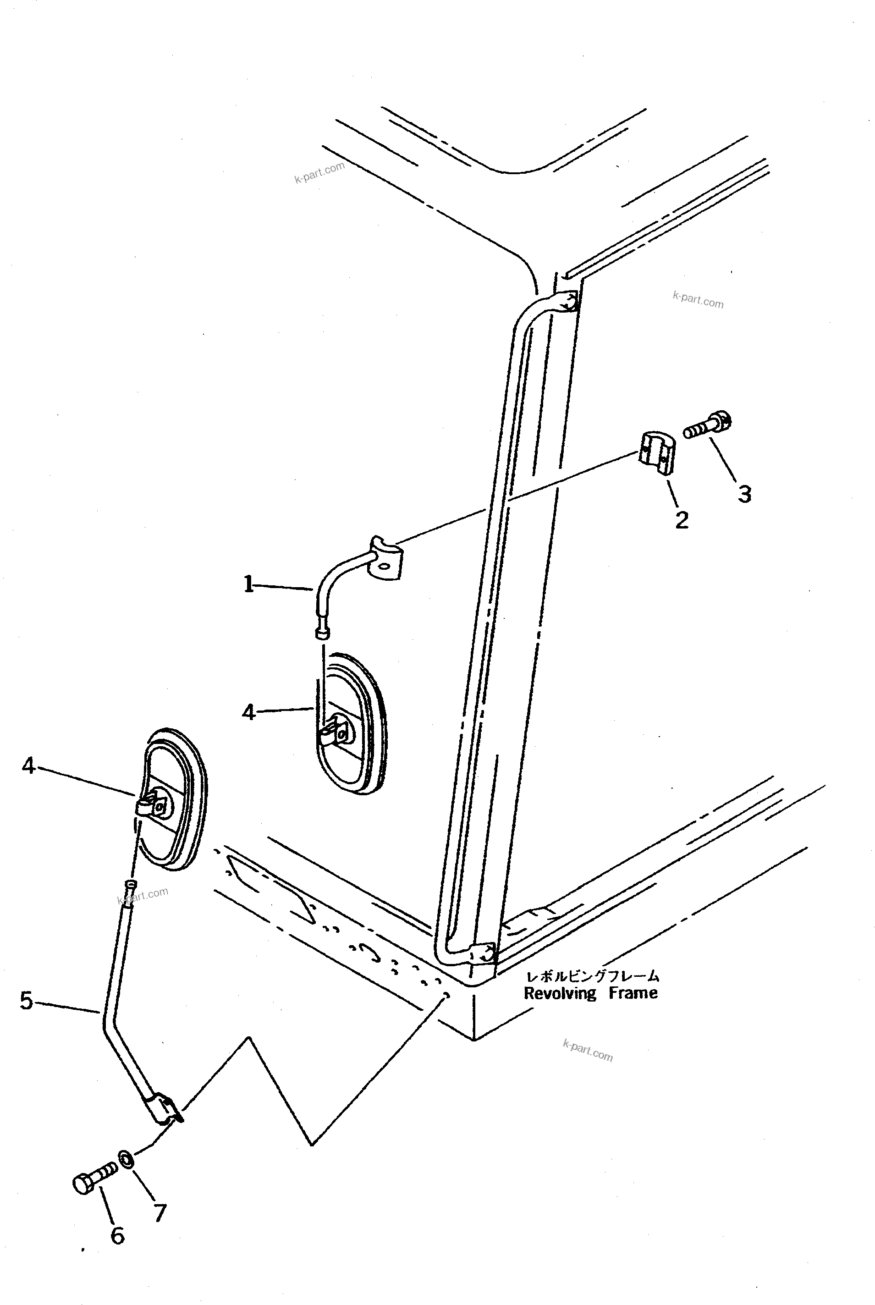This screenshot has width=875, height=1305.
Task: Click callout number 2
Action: pyautogui.click(x=682, y=520)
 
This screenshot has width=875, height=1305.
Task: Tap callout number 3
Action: pyautogui.click(x=744, y=494)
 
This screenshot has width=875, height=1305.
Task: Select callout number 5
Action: pyautogui.click(x=26, y=1000)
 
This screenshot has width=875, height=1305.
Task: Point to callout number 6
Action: pyautogui.click(x=117, y=1235)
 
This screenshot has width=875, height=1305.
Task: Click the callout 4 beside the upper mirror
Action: pyautogui.click(x=248, y=712)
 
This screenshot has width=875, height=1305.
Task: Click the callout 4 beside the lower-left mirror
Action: pyautogui.click(x=28, y=766)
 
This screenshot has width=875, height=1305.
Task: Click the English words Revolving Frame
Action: pyautogui.click(x=590, y=993)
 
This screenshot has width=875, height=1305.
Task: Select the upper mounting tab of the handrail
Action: pyautogui.click(x=565, y=302)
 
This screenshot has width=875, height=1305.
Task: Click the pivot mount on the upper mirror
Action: pyautogui.click(x=336, y=732)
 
